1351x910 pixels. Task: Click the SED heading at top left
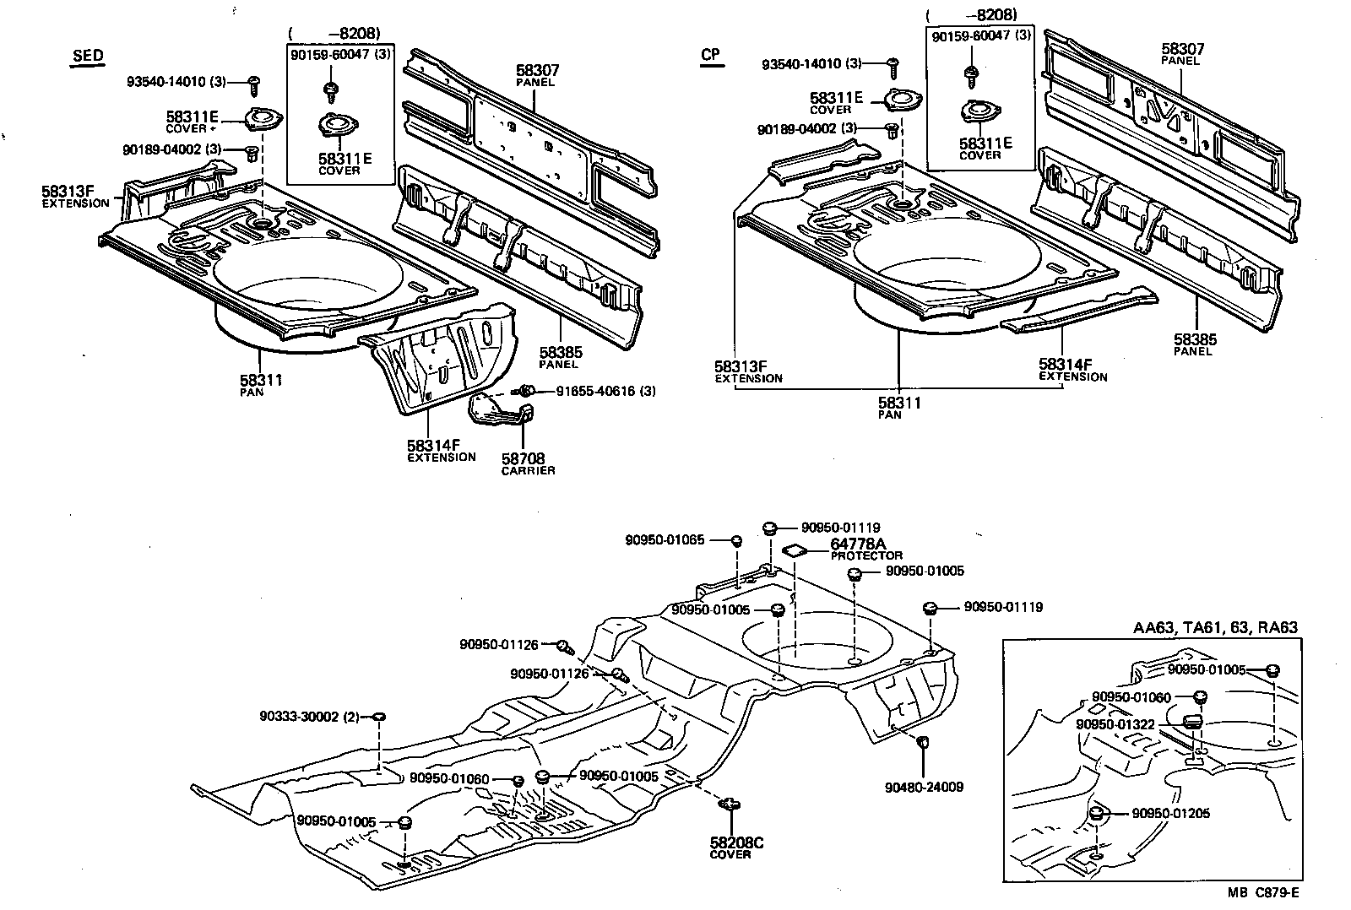click(x=87, y=57)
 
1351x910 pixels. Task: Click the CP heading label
click(x=711, y=55)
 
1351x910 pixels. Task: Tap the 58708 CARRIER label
click(x=528, y=463)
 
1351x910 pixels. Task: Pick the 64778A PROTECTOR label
click(x=865, y=550)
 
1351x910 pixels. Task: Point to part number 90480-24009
click(x=924, y=787)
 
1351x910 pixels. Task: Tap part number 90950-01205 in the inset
click(x=1170, y=814)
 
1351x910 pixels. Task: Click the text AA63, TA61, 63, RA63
click(x=1214, y=627)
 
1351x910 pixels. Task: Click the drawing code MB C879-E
click(x=1263, y=892)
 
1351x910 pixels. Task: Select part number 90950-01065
click(x=665, y=539)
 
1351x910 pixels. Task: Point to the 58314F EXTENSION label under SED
click(x=441, y=450)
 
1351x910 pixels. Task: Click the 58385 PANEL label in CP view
click(x=1195, y=344)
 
